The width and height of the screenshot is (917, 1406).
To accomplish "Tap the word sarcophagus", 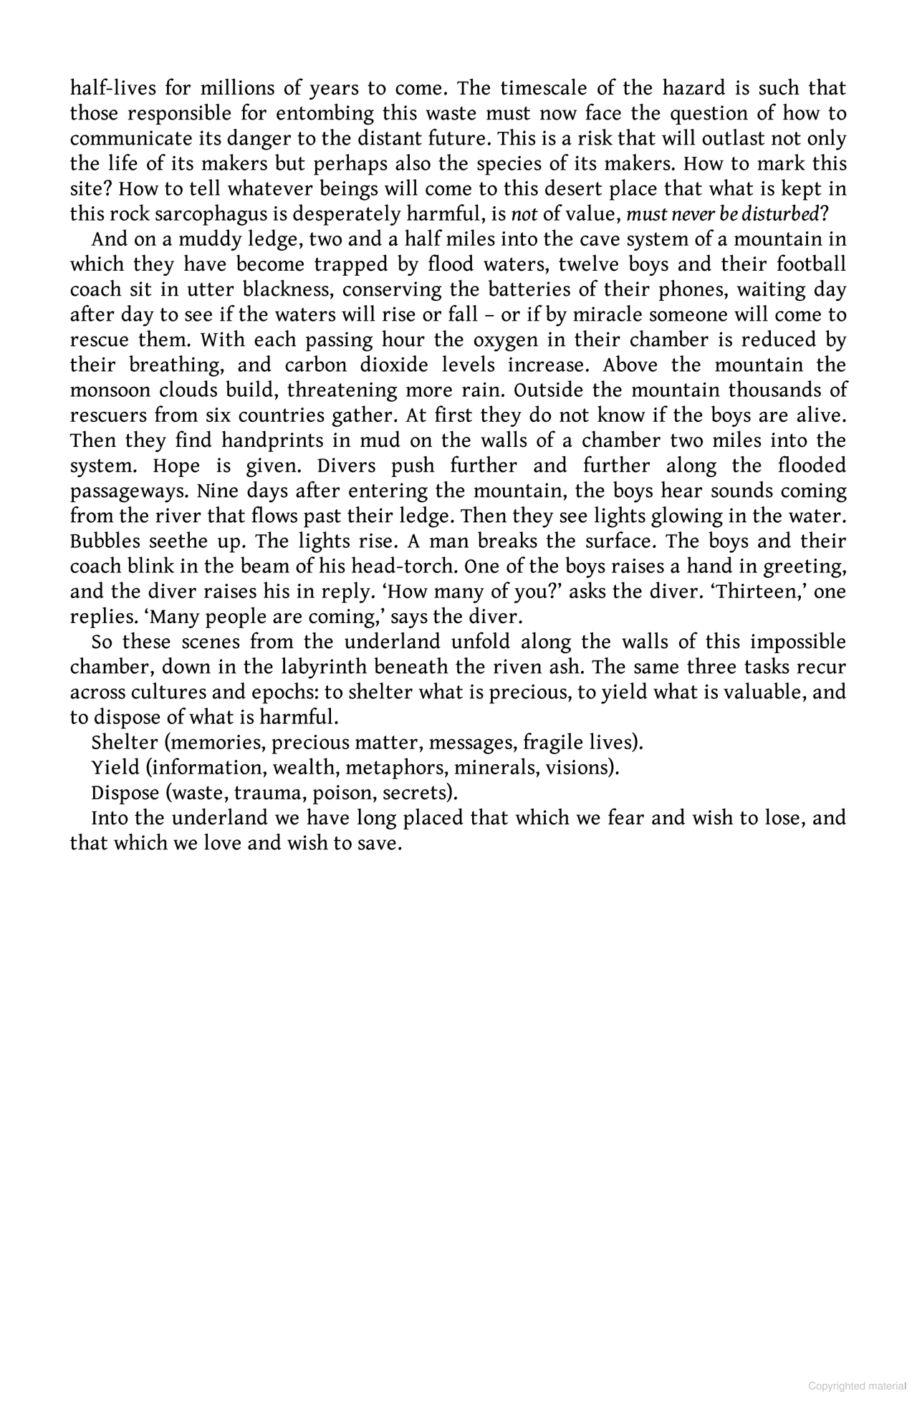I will tap(202, 214).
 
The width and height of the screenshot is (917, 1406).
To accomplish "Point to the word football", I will tap(811, 265).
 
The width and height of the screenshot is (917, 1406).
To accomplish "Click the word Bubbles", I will tap(104, 542).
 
